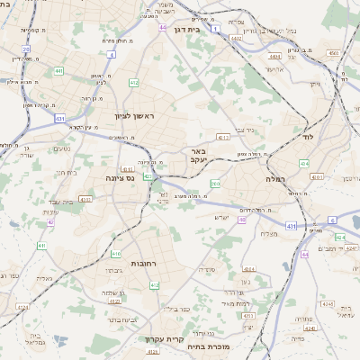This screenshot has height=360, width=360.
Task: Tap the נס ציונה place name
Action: click(119, 178)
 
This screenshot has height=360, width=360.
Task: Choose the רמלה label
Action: click(274, 179)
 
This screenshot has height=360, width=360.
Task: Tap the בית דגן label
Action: click(186, 28)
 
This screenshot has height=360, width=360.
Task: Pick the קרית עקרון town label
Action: click(164, 339)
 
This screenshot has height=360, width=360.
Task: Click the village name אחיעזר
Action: click(275, 68)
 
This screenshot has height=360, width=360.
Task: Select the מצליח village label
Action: click(268, 234)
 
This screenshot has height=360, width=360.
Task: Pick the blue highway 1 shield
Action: click(217, 29)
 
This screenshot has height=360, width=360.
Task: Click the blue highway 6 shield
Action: click(331, 220)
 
